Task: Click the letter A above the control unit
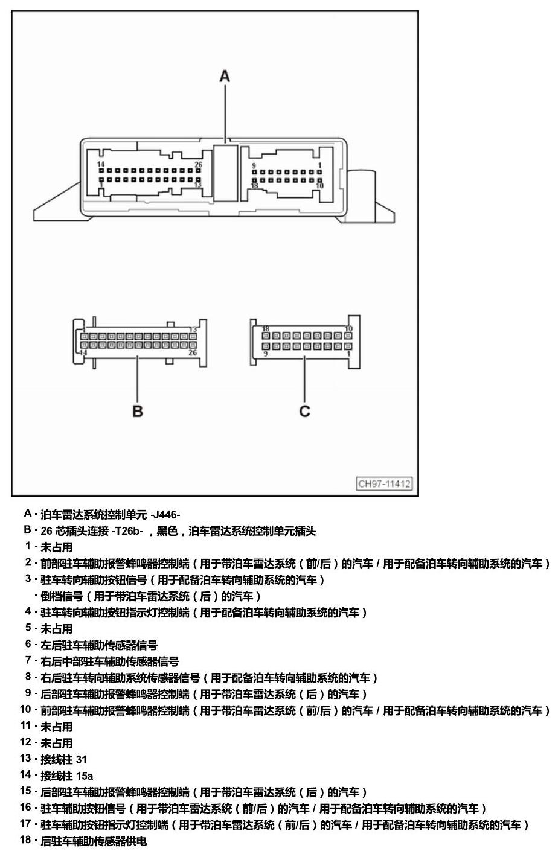coord(225,76)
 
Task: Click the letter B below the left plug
coord(138,411)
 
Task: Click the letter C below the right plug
coord(304,411)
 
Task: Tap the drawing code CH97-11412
coord(384,483)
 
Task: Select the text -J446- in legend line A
coord(165,515)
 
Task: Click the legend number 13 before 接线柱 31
coord(26,758)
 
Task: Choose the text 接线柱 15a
coord(66,776)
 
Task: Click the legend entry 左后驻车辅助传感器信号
coord(99,645)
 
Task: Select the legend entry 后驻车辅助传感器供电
coord(94,841)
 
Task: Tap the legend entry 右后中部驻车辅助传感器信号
coord(109,661)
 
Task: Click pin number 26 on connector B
coord(193,352)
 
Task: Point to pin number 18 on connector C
coord(265,329)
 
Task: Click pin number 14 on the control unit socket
coord(101,164)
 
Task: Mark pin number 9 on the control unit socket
coord(254,165)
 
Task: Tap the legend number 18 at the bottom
coord(26,839)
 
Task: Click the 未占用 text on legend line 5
coord(57,629)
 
